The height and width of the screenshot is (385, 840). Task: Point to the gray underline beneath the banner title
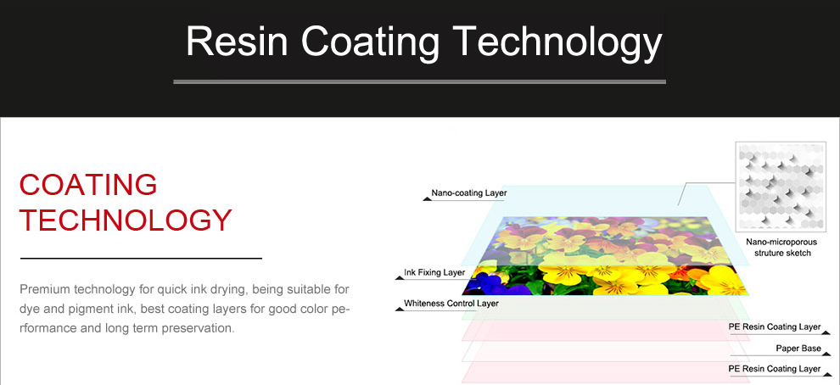419,82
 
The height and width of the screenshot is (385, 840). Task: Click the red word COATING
88,185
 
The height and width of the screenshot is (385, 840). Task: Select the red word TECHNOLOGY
126,220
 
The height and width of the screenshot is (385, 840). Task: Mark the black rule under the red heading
141,258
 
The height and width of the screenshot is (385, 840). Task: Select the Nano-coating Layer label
468,192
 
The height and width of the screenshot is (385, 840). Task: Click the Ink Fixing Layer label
434,272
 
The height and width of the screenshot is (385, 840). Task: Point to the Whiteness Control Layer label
451,304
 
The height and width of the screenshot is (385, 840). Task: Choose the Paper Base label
798,349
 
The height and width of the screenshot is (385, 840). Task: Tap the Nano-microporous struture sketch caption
781,248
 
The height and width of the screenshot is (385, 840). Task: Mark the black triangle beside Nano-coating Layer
427,198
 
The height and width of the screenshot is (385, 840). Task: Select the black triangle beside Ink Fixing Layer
399,276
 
